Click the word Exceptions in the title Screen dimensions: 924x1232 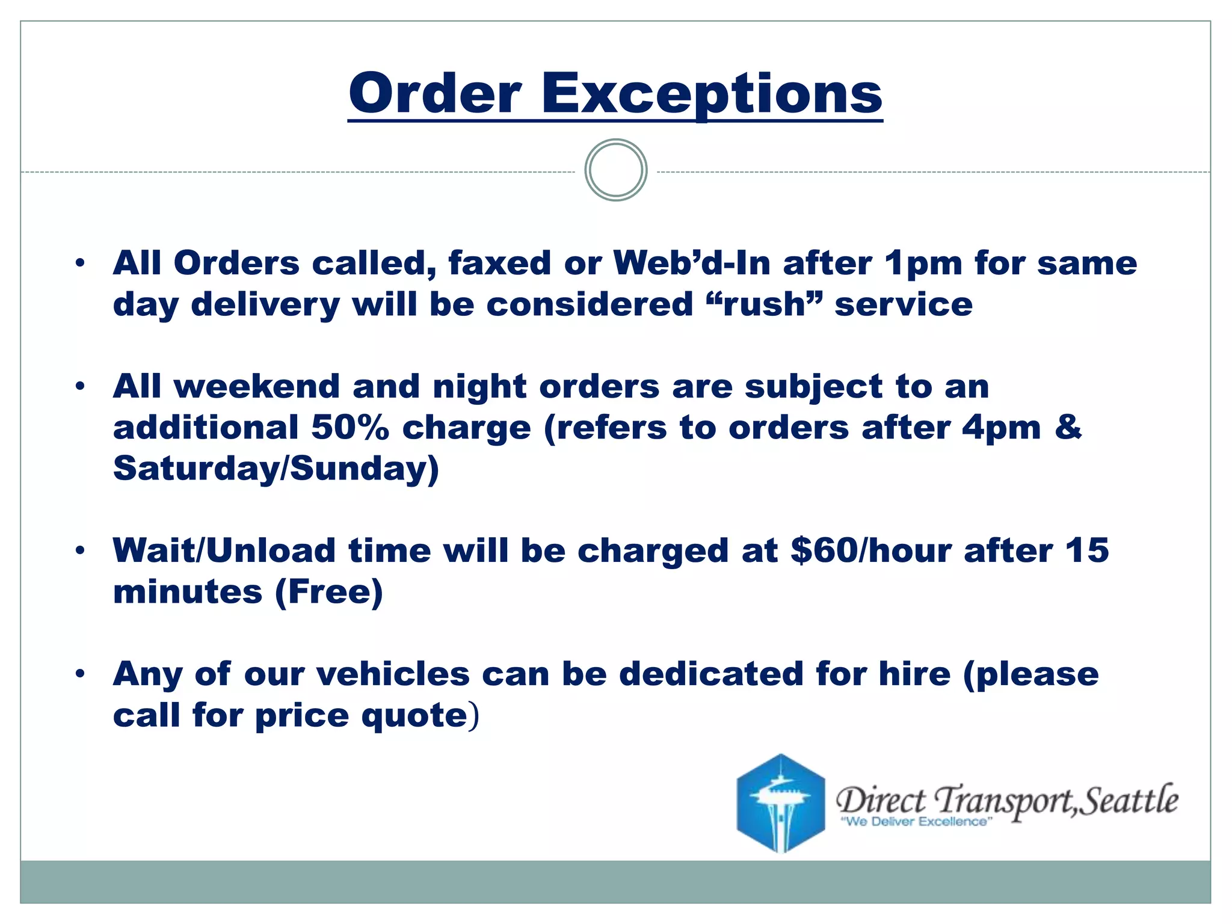712,94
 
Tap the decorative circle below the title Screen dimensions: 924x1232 615,170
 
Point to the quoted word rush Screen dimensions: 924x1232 764,304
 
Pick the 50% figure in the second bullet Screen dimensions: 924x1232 350,428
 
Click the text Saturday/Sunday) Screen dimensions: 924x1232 276,469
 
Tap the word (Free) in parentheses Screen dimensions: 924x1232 329,592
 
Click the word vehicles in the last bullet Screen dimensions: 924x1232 393,674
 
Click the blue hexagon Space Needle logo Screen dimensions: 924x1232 780,803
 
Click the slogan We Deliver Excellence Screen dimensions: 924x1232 916,822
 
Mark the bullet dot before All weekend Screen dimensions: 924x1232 80,387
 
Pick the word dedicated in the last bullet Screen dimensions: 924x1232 712,674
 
